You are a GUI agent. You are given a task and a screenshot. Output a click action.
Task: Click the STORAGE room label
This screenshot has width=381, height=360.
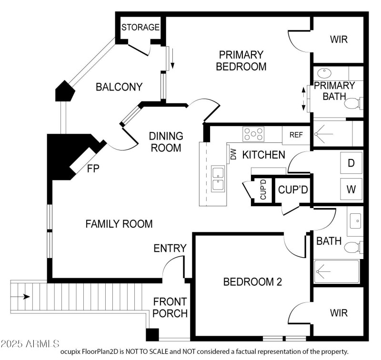tap(140, 27)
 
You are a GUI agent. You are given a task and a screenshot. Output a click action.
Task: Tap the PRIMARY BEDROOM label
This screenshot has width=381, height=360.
tap(241, 60)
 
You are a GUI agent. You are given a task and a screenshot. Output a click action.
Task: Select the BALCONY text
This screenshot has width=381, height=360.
tap(119, 87)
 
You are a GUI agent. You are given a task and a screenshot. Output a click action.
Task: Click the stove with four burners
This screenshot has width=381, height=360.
tap(253, 133)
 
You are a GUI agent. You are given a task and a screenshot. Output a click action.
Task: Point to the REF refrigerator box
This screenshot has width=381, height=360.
tap(296, 135)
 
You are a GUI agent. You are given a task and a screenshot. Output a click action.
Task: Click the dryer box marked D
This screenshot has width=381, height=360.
tap(351, 163)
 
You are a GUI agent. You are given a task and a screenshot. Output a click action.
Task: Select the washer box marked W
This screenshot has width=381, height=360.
tap(351, 189)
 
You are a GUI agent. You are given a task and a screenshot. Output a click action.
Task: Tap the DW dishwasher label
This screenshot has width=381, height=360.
tap(233, 155)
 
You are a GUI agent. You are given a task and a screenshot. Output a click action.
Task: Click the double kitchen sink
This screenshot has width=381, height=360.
tap(218, 179)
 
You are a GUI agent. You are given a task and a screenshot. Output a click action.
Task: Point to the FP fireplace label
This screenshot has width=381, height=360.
tap(93, 168)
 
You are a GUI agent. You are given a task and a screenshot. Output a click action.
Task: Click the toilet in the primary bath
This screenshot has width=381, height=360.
tap(353, 103)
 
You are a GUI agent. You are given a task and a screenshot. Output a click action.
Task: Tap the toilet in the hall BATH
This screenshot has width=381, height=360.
tap(353, 248)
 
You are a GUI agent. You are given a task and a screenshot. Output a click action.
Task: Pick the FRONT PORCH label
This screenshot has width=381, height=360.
tap(170, 308)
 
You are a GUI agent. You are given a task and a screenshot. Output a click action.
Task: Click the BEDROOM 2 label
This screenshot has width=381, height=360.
tap(253, 281)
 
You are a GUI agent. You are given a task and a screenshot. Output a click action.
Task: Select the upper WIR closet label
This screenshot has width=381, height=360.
tap(339, 39)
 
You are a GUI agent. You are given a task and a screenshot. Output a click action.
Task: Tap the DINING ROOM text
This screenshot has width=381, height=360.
tap(166, 142)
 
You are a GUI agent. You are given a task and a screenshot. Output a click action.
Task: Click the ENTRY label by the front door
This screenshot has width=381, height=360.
tap(170, 248)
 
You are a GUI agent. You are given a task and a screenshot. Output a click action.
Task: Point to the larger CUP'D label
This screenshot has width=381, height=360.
tap(293, 190)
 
